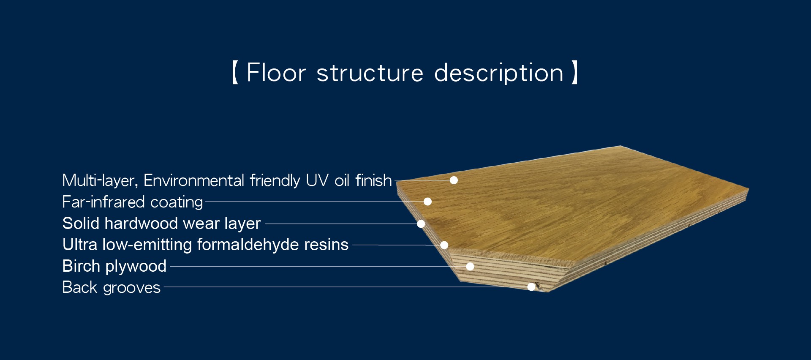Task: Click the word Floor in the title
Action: coord(276,73)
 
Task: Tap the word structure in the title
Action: coord(370,73)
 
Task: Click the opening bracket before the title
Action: coord(235,73)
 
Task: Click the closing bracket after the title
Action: coord(574,73)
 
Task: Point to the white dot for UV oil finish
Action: coord(454,180)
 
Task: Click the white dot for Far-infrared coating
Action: coord(427,202)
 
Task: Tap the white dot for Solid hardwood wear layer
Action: coord(421,224)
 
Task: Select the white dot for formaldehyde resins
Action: coord(444,245)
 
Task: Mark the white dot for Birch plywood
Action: coord(470,266)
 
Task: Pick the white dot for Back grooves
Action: coord(531,287)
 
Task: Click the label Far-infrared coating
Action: coord(133,202)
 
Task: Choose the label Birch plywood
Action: coord(114,266)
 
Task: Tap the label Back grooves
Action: coord(112,287)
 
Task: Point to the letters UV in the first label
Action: coord(317,180)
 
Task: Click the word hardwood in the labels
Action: coord(141,223)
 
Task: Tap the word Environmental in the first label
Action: coord(194,180)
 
